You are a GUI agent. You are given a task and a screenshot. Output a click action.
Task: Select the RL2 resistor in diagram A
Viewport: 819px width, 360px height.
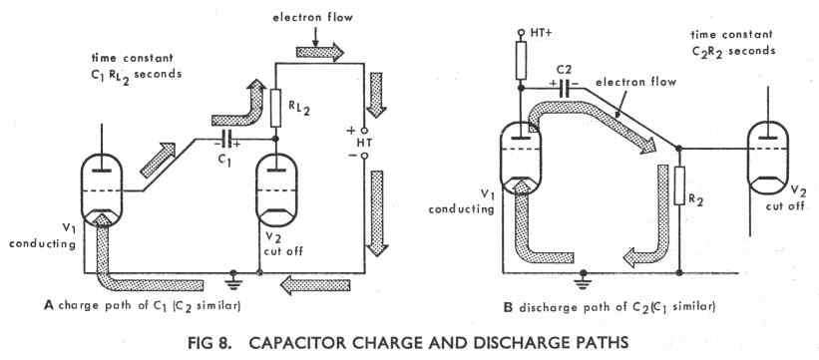(x=275, y=108)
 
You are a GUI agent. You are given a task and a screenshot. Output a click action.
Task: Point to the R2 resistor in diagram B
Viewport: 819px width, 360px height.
(x=679, y=185)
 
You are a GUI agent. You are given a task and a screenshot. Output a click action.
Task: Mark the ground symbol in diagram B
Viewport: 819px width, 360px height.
(x=583, y=277)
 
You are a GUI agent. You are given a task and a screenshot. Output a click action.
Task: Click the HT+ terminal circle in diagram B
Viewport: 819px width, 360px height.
(x=521, y=33)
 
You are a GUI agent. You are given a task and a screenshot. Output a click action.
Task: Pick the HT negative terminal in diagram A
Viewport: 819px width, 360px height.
(x=364, y=156)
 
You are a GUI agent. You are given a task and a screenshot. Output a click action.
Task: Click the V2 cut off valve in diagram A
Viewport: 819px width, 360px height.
(x=276, y=190)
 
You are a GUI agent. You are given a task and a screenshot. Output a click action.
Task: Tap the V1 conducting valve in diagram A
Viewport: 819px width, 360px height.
(x=102, y=190)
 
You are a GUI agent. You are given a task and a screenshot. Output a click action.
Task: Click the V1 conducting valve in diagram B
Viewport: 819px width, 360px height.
(x=521, y=160)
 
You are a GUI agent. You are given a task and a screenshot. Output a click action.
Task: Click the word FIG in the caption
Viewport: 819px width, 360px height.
(x=203, y=343)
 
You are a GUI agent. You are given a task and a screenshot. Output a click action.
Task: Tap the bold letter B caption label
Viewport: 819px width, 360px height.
(x=508, y=307)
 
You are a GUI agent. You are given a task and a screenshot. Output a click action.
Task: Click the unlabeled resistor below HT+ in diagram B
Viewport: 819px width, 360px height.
(x=521, y=61)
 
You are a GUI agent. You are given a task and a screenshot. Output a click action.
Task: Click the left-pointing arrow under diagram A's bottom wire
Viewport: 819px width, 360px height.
(x=315, y=285)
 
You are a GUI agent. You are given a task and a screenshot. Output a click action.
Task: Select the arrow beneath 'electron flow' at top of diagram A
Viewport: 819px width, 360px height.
(x=319, y=52)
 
